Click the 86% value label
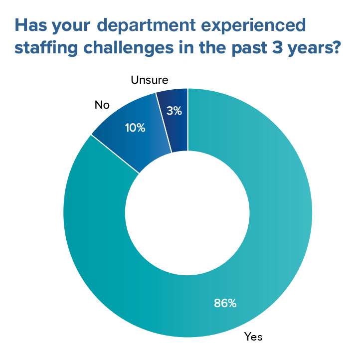(225, 303)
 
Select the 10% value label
(135, 128)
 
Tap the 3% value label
(174, 111)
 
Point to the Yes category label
(253, 337)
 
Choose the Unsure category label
(150, 80)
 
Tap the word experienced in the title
(255, 25)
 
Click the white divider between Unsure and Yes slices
(187, 120)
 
